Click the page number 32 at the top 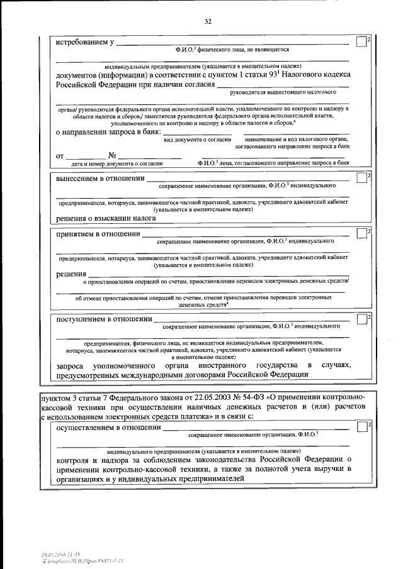click(207, 22)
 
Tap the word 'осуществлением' click(86, 429)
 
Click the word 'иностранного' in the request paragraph click(224, 366)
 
